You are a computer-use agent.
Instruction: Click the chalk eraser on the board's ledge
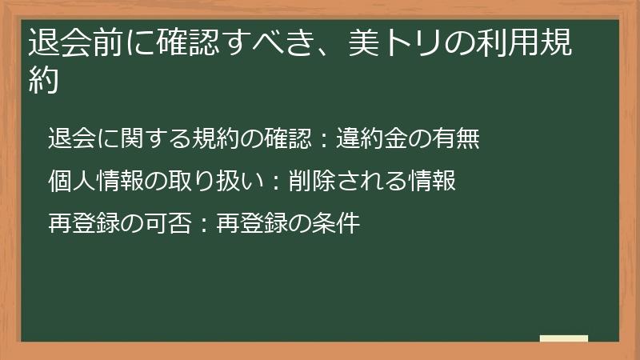click(563, 338)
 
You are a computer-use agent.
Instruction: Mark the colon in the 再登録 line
click(202, 224)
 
